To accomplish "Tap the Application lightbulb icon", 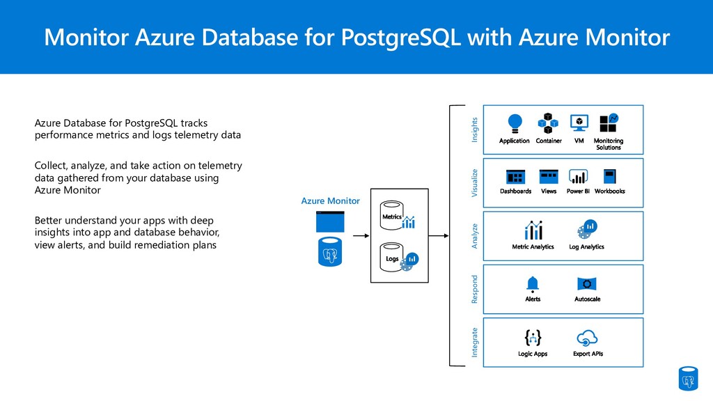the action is point(515,123).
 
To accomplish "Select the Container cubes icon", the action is point(548,123).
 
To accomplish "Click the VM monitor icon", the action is point(579,123).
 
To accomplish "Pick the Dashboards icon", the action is point(516,177).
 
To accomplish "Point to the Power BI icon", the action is point(578,176).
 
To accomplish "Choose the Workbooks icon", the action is point(610,176).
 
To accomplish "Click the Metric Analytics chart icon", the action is point(533,230).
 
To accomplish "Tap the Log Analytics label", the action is point(586,247).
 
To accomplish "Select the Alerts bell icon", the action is point(533,284).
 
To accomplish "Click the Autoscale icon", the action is point(587,284).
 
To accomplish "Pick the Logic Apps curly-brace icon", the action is point(533,338).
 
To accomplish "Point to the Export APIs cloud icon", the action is point(587,338).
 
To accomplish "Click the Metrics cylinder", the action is point(391,215).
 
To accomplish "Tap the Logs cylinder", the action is point(391,258).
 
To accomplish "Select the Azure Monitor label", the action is point(331,201).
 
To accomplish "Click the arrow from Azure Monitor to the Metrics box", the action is point(361,235).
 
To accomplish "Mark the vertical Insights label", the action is point(475,130).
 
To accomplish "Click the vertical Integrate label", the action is point(475,343).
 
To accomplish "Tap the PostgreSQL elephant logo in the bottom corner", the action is point(688,379).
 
